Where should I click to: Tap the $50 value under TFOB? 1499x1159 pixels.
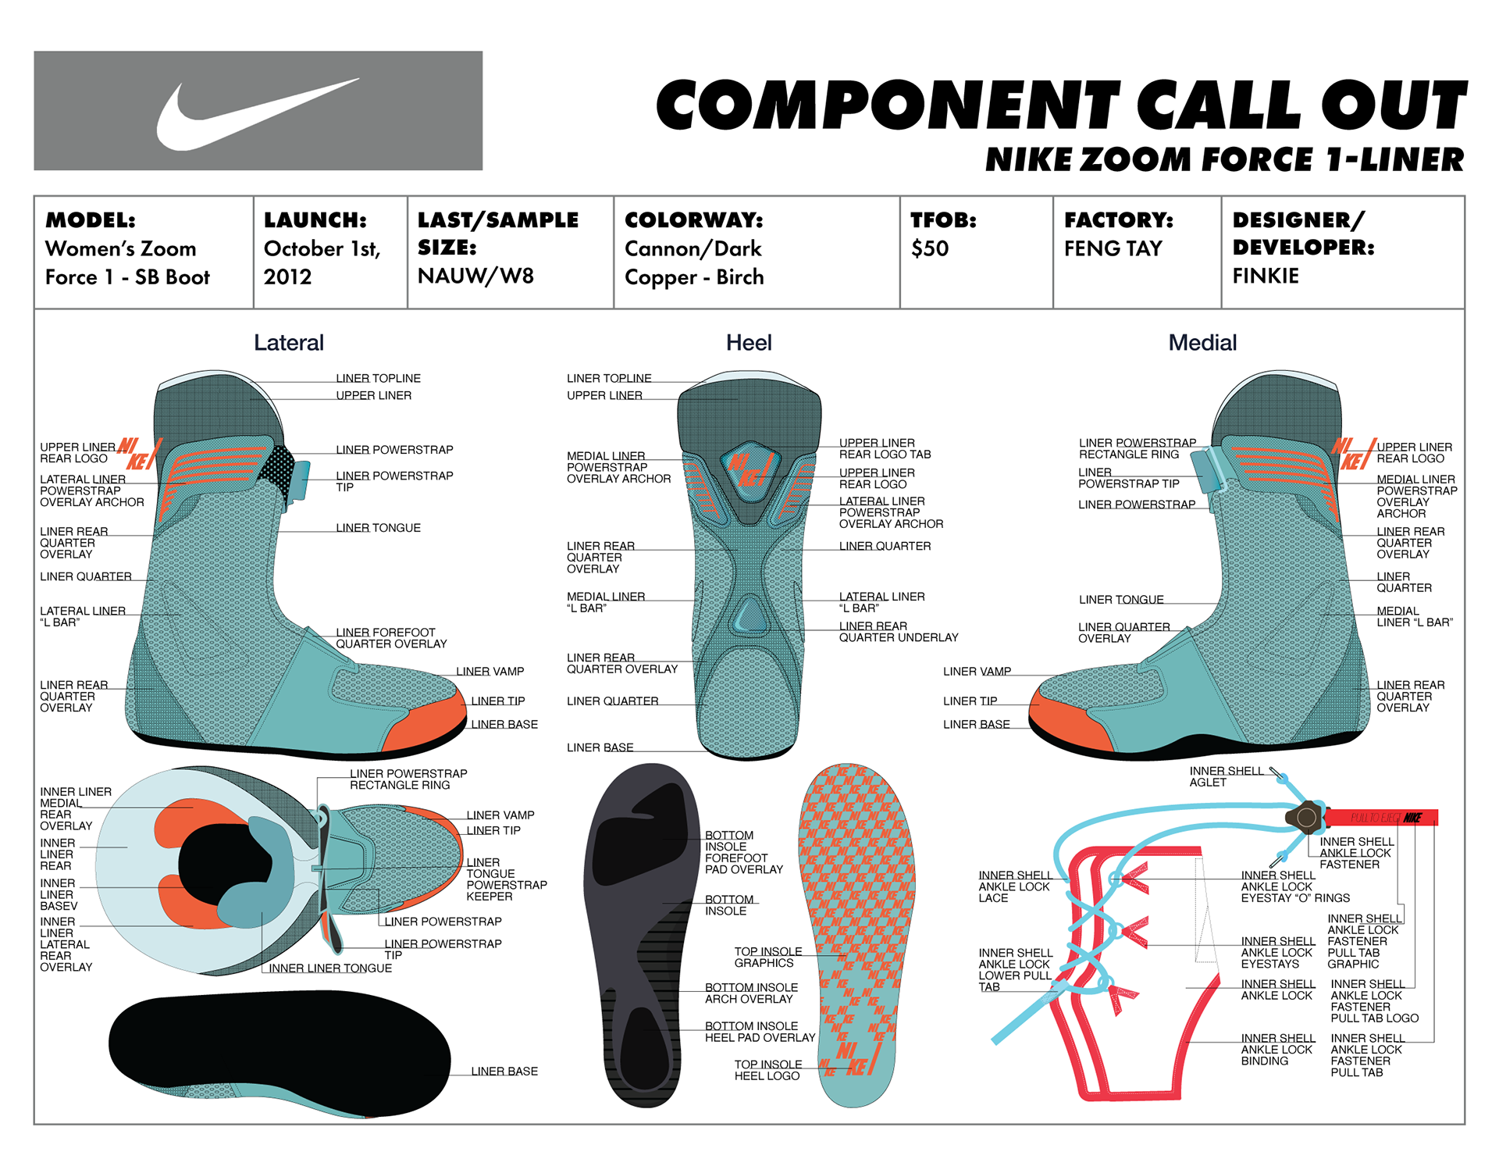(x=929, y=248)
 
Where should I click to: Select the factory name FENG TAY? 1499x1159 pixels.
(x=1113, y=248)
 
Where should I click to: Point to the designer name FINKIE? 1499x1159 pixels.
(x=1265, y=276)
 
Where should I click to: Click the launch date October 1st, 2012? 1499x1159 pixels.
(x=322, y=262)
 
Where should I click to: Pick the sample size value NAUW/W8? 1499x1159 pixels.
(x=475, y=276)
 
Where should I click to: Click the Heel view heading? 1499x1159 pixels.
(x=748, y=342)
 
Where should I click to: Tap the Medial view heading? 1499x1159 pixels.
(x=1202, y=342)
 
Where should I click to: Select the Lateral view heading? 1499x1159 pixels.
(x=288, y=342)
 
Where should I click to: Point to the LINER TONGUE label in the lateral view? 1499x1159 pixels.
(x=378, y=528)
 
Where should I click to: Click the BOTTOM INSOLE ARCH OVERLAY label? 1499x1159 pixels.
(x=750, y=993)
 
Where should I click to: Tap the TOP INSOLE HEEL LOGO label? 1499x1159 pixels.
(x=767, y=1070)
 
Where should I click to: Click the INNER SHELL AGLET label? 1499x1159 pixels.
(x=1225, y=776)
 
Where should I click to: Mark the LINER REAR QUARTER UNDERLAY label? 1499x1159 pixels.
(x=898, y=632)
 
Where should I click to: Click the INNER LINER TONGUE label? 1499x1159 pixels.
(x=330, y=968)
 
